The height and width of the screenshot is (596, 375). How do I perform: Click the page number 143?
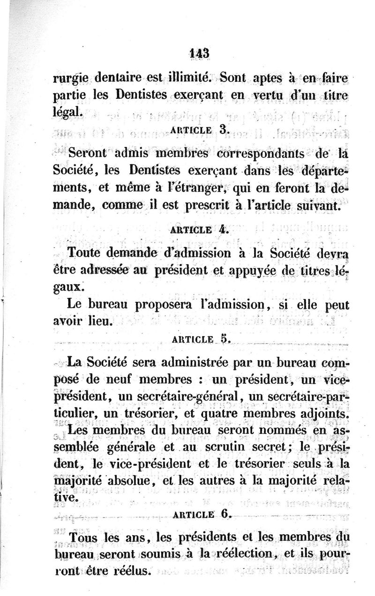(x=199, y=52)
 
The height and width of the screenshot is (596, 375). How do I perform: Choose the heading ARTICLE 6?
(x=200, y=513)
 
